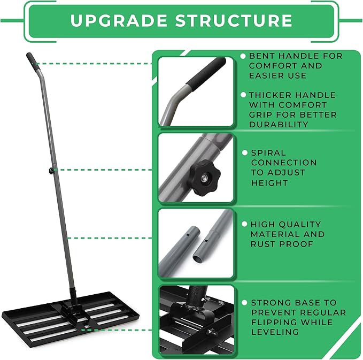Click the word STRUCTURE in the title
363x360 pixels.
[x=234, y=21]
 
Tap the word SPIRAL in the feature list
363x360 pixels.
[x=268, y=152]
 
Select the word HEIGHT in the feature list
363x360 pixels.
[x=269, y=183]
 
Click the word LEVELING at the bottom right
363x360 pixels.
[x=275, y=332]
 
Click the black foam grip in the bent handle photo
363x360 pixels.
[x=206, y=72]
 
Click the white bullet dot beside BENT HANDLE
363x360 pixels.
[x=243, y=56]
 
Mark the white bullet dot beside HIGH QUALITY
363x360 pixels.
[x=245, y=225]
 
